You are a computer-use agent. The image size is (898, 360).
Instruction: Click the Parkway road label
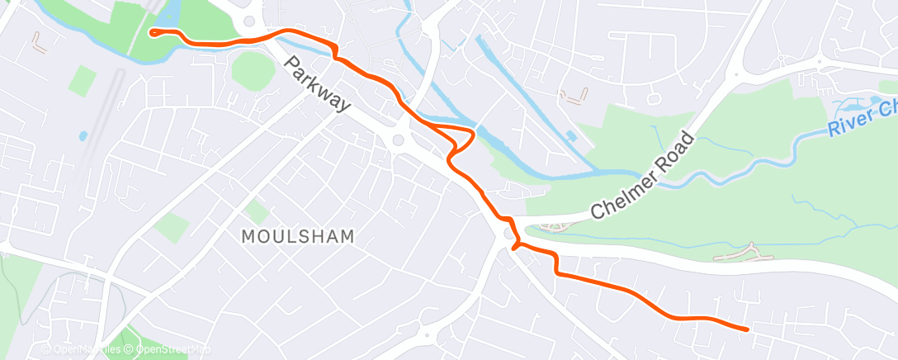(x=318, y=84)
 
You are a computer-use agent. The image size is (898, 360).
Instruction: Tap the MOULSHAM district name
(x=298, y=236)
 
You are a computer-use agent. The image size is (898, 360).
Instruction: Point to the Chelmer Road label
(x=644, y=175)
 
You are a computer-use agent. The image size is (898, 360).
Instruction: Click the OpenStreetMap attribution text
(x=160, y=349)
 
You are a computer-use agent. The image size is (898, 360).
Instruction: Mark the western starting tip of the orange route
(x=152, y=32)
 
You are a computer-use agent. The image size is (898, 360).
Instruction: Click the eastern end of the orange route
(x=747, y=329)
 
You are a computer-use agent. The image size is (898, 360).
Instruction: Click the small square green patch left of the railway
(x=83, y=80)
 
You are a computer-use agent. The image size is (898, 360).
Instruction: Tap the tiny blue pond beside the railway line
(x=83, y=135)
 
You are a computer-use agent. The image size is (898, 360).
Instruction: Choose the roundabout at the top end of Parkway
(x=248, y=21)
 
